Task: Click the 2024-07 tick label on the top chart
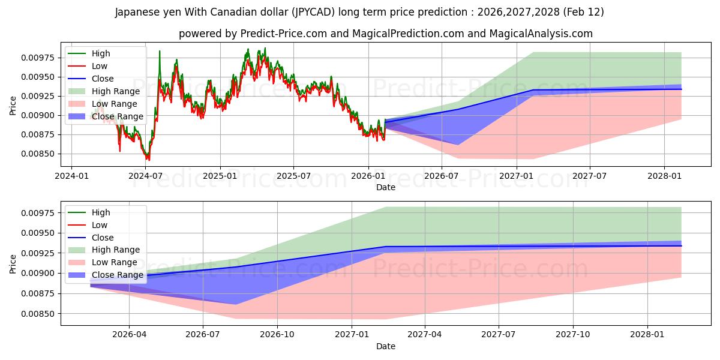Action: click(146, 176)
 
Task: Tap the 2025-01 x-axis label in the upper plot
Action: click(220, 176)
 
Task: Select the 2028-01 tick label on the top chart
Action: click(664, 176)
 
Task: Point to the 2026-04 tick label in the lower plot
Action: click(129, 335)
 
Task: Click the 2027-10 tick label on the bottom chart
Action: click(573, 335)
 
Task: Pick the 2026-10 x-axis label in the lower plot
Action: click(277, 335)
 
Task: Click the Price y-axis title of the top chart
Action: click(13, 106)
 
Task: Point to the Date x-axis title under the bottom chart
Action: click(385, 346)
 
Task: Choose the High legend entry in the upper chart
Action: click(101, 53)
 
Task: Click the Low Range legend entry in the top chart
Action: click(114, 104)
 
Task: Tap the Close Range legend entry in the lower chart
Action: click(118, 275)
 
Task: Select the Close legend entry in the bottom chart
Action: click(102, 238)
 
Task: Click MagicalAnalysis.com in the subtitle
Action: click(541, 34)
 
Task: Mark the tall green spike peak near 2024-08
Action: click(160, 52)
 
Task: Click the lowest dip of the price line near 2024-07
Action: click(148, 160)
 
